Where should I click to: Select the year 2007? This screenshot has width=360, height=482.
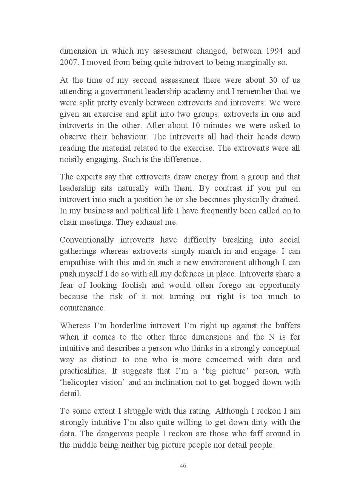pyautogui.click(x=68, y=62)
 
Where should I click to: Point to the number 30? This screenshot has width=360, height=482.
pyautogui.click(x=272, y=80)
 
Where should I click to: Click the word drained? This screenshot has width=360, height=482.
pyautogui.click(x=286, y=199)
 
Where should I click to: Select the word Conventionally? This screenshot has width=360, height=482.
pyautogui.click(x=86, y=240)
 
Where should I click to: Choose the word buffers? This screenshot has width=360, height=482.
pyautogui.click(x=288, y=326)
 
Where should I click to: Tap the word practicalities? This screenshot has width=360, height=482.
pyautogui.click(x=82, y=371)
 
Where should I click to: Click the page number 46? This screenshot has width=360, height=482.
pyautogui.click(x=183, y=466)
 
